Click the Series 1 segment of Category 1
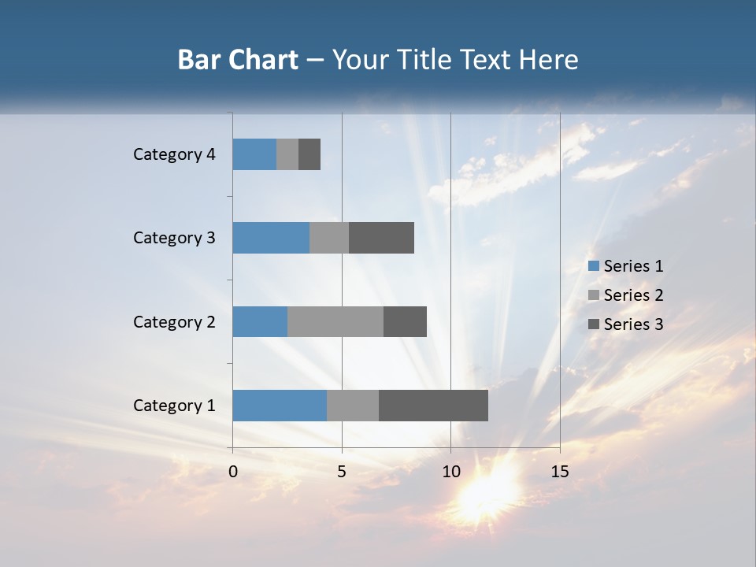click(x=280, y=406)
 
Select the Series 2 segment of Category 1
click(x=353, y=406)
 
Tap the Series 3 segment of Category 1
click(x=433, y=406)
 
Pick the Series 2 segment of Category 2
click(x=335, y=321)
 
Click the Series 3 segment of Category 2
click(x=405, y=321)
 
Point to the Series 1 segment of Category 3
click(x=271, y=238)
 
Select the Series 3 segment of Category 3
click(x=381, y=238)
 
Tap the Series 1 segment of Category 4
click(x=254, y=154)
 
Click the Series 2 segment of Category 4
click(x=287, y=154)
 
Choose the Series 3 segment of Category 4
click(x=309, y=154)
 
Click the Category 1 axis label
click(x=174, y=406)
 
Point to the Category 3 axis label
click(x=174, y=238)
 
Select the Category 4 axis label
click(x=174, y=154)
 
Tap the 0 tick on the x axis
click(x=233, y=472)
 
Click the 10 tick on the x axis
click(x=450, y=472)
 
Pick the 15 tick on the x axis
click(x=559, y=472)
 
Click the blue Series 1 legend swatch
click(x=593, y=266)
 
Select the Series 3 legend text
click(x=633, y=324)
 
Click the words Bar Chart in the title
click(x=238, y=60)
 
